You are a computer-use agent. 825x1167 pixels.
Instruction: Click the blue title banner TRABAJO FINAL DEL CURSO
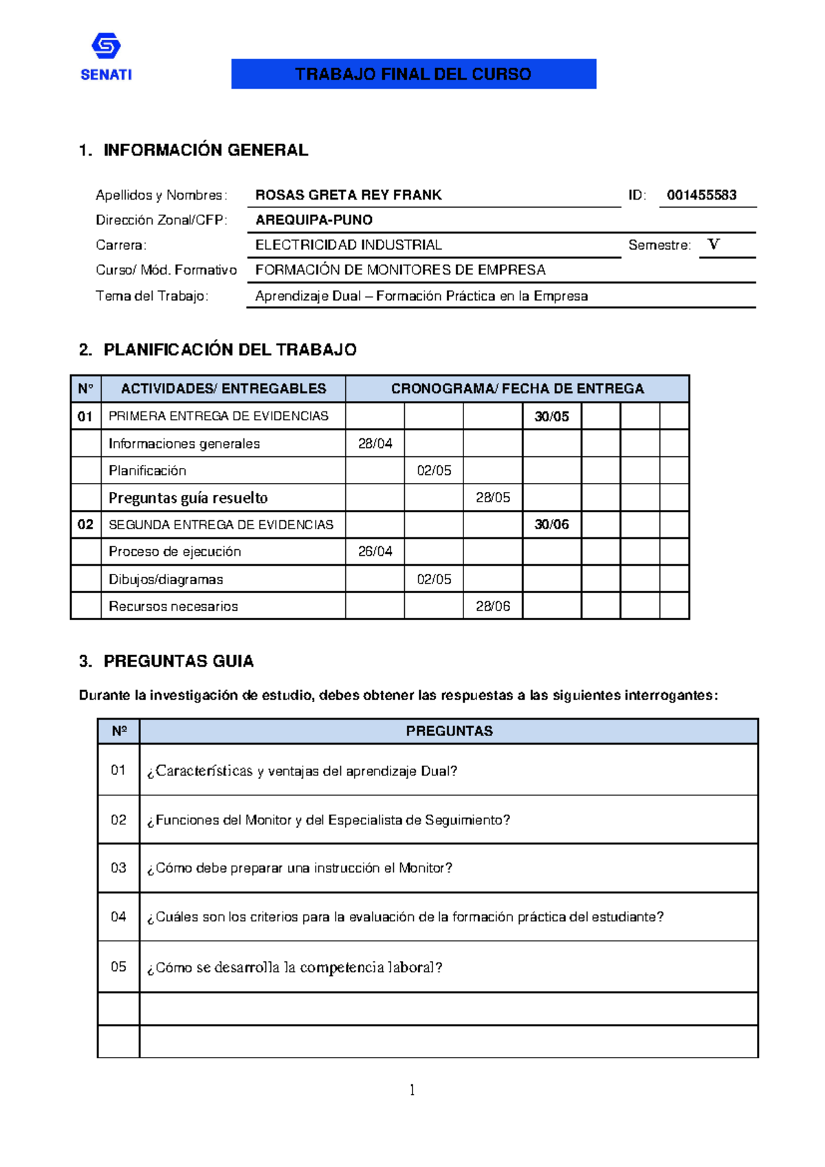pos(413,74)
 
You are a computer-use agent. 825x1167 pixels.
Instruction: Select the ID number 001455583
pos(701,195)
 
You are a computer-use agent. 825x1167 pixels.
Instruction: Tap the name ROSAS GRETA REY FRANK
pos(348,195)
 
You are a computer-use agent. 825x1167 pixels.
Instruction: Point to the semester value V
pos(714,244)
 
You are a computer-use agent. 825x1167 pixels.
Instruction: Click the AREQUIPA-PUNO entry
pos(313,220)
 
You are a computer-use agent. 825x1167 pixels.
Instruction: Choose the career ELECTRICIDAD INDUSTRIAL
pos(348,245)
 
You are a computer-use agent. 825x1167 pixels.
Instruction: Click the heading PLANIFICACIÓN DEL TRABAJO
pos(230,350)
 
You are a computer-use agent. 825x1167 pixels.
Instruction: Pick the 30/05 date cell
pos(551,416)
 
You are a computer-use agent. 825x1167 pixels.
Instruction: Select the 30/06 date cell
pos(551,524)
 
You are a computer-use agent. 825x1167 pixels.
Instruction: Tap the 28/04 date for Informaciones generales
pos(375,444)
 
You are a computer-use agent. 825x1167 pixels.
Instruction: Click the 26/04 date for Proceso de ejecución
pos(375,552)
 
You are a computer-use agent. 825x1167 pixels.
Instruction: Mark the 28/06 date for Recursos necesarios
pos(492,606)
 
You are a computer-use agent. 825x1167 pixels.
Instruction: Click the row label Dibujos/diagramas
pos(166,579)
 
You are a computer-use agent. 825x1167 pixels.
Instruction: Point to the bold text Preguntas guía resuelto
pos(188,497)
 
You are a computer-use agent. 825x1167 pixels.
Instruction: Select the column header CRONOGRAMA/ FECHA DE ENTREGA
pos(517,389)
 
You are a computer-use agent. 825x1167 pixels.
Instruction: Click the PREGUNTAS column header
pos(449,731)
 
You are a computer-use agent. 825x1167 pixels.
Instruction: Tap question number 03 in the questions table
pos(118,868)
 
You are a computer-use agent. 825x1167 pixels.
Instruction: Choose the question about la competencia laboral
pos(294,967)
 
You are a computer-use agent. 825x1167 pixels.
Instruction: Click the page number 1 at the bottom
pos(412,1089)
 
